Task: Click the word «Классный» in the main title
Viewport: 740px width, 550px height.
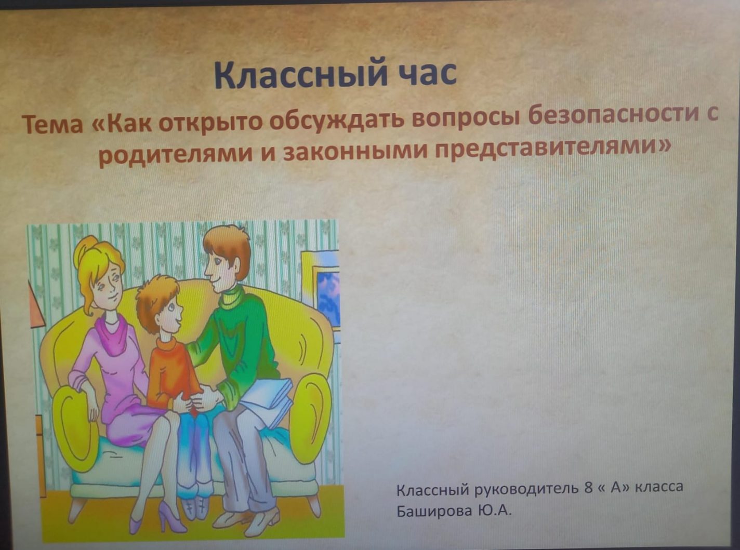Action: point(300,75)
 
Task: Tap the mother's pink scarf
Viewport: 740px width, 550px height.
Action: point(112,333)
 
